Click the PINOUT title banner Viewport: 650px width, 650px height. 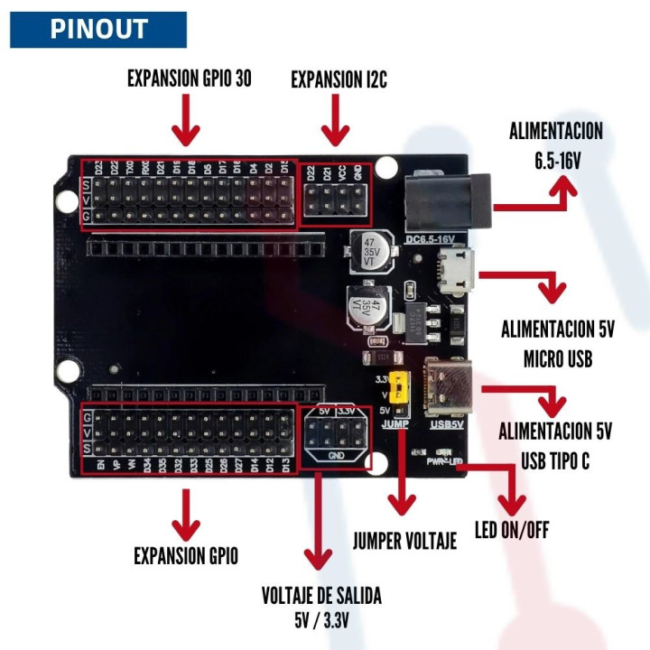point(97,29)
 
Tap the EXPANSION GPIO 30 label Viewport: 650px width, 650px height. point(189,79)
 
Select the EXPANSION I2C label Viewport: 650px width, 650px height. point(339,79)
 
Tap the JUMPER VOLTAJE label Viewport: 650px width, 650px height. point(404,541)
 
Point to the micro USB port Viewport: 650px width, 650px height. point(457,270)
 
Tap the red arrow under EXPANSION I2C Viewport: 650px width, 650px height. point(336,121)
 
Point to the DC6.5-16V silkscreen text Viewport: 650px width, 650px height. point(436,238)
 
